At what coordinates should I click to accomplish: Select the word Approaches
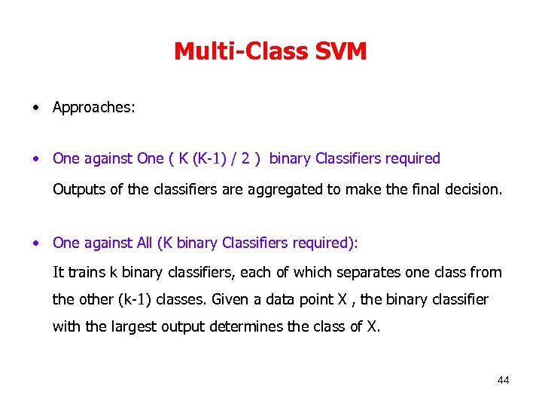tap(93, 107)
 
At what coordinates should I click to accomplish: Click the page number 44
tap(503, 380)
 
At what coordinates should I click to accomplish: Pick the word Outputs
tap(79, 189)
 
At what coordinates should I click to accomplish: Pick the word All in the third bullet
tap(145, 243)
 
